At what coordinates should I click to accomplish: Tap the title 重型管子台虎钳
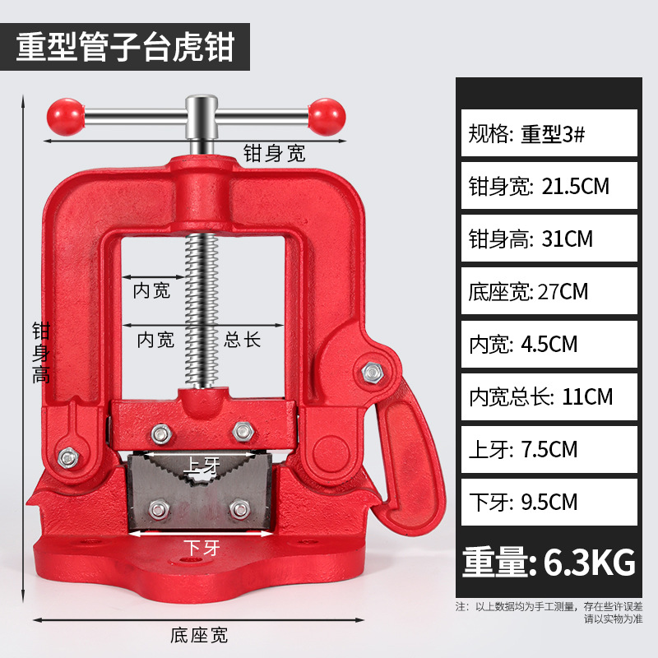tap(125, 46)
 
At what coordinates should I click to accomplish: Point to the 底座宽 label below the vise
tap(198, 635)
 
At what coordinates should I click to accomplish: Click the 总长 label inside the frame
tap(243, 339)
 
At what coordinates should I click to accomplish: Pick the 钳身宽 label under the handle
tap(273, 153)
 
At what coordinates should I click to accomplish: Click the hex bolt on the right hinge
tap(372, 373)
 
